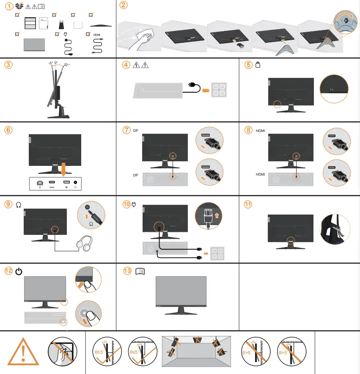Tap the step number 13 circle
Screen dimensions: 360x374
127,271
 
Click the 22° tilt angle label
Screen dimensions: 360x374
66,65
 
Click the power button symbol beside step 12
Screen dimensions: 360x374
19,271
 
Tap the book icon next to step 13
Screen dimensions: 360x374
140,272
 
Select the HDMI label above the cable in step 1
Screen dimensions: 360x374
97,34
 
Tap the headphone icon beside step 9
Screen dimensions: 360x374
19,204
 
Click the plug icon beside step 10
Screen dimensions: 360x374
135,204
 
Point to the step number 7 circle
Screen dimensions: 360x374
126,130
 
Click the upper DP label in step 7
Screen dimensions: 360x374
135,131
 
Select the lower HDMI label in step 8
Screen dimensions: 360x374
260,174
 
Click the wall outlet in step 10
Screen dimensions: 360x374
217,253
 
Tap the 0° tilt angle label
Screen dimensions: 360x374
56,63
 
